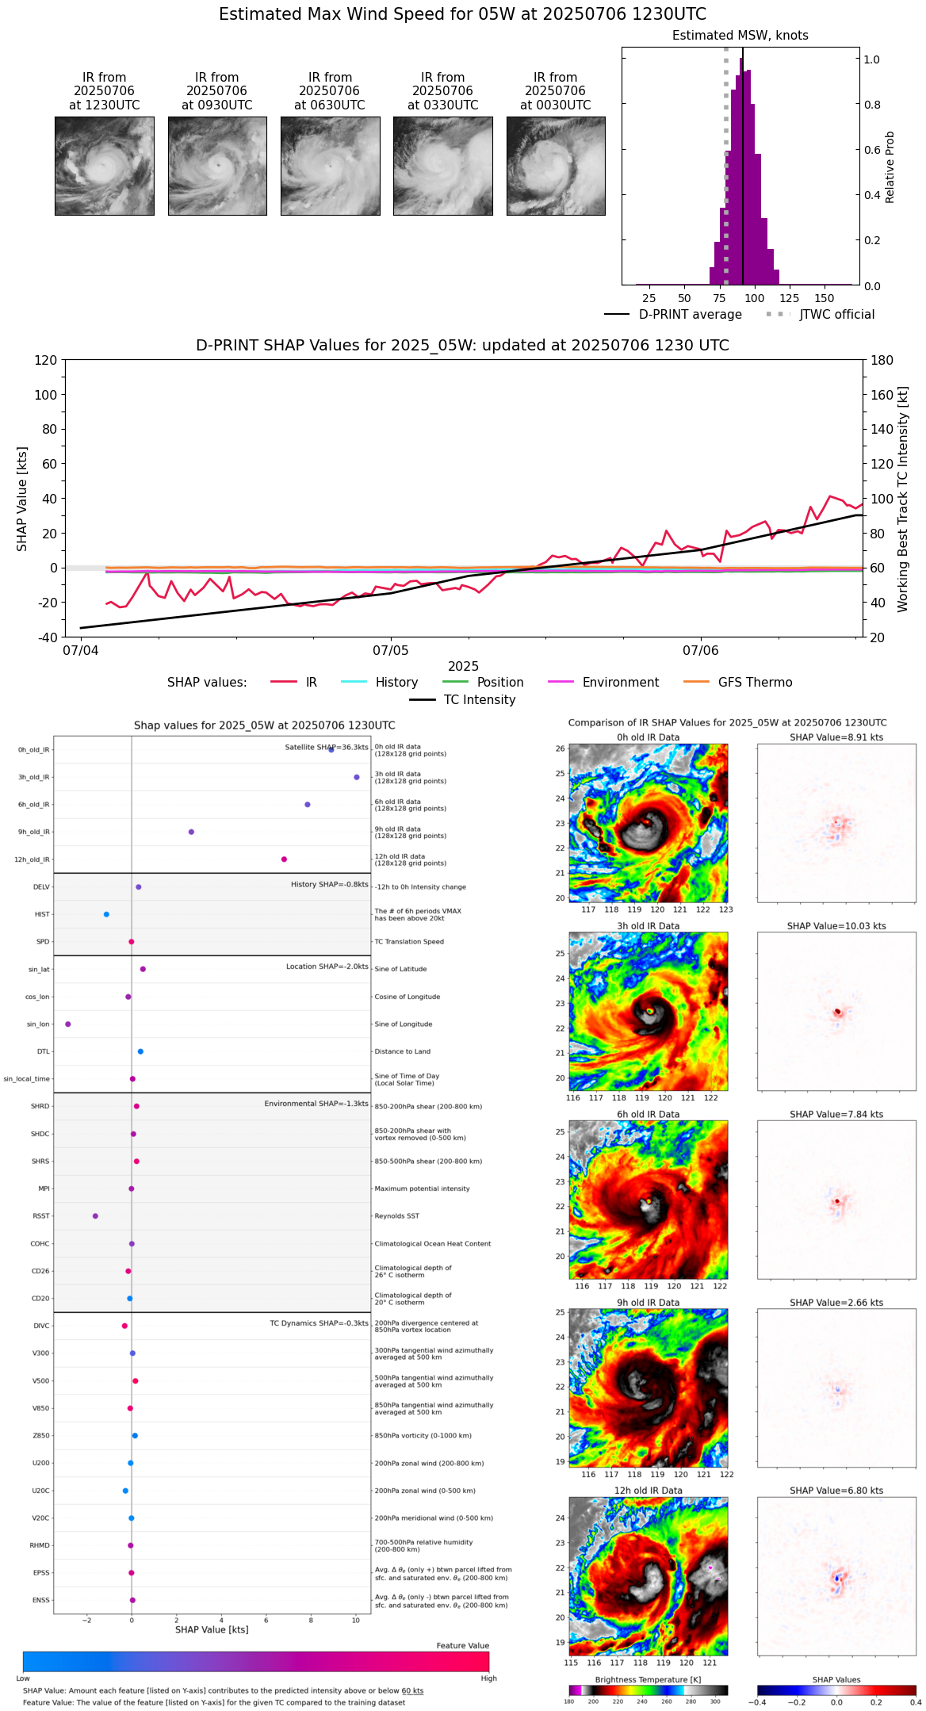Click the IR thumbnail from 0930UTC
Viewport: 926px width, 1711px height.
coord(217,166)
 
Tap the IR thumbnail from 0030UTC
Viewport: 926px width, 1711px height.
coord(556,166)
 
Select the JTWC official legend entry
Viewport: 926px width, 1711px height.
coord(836,315)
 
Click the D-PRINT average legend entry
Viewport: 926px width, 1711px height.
coord(690,315)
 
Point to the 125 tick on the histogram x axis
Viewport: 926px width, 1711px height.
coord(789,299)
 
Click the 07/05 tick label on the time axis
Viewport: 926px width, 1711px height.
coord(390,651)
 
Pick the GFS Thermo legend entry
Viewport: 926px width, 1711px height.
coord(755,683)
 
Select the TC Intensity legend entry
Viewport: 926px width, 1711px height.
coord(479,700)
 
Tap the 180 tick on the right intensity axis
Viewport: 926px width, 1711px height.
coord(882,361)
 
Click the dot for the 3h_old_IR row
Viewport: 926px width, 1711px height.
coord(357,777)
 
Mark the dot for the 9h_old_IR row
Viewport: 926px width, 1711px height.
coord(191,832)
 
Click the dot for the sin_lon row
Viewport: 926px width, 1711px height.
coord(68,1024)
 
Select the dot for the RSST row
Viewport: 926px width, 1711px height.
coord(95,1216)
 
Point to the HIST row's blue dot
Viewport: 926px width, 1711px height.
coord(106,914)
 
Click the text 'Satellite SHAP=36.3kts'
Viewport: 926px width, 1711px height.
coord(327,748)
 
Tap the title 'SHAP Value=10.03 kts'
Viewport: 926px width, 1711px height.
coord(836,926)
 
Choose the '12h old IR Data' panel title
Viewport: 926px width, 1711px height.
coord(648,1491)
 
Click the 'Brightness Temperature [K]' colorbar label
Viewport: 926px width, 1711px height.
coord(648,1680)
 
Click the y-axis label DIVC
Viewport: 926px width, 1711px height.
coord(41,1326)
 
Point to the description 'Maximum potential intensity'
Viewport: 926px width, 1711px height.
coord(422,1189)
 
